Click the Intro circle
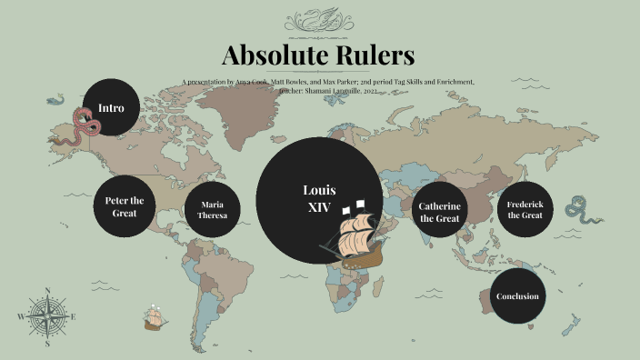(111, 107)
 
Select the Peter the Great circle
(125, 206)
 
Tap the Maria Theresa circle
(212, 210)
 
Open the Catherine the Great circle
(440, 213)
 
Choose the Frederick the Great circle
(525, 210)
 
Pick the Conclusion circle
(517, 296)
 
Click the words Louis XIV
(319, 198)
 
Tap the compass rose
(46, 316)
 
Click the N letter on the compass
(46, 291)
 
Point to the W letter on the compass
(20, 317)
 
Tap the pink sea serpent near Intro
(82, 125)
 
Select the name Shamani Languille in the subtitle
(332, 91)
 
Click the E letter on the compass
(73, 317)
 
